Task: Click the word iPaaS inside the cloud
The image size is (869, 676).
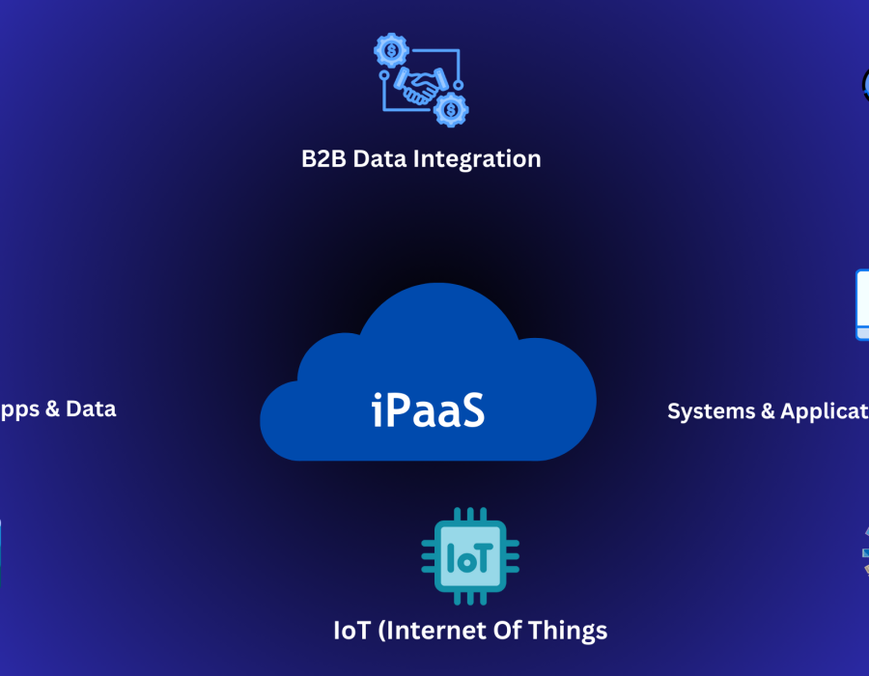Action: pyautogui.click(x=428, y=408)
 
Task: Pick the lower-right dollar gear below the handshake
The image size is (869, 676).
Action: pyautogui.click(x=450, y=110)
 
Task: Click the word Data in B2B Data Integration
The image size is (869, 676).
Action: pyautogui.click(x=379, y=158)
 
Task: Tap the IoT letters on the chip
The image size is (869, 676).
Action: pyautogui.click(x=469, y=558)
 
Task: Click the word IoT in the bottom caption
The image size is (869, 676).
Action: pyautogui.click(x=350, y=631)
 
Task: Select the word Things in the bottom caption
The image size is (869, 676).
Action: pyautogui.click(x=572, y=631)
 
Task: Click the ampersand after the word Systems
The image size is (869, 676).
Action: pyautogui.click(x=768, y=411)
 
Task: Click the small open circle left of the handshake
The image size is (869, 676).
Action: pyautogui.click(x=384, y=73)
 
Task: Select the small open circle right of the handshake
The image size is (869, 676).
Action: pyautogui.click(x=459, y=85)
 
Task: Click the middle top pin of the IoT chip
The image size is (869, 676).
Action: pyautogui.click(x=470, y=514)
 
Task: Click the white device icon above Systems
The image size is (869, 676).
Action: pyautogui.click(x=861, y=304)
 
